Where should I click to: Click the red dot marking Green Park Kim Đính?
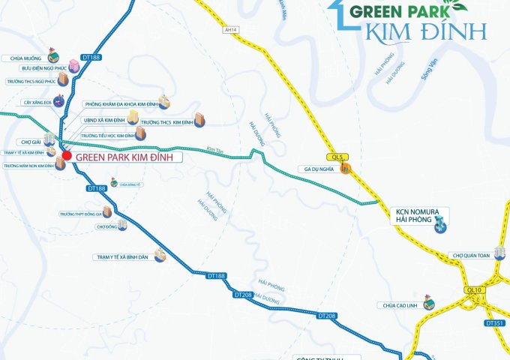[x=66, y=156]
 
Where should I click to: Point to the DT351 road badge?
[x=494, y=323]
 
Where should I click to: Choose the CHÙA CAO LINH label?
[x=400, y=305]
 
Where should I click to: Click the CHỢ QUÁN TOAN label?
[x=471, y=256]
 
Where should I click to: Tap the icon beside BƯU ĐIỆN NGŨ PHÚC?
[x=73, y=64]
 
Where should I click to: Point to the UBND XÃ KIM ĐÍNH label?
[x=103, y=119]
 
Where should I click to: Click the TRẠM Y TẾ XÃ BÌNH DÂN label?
[x=124, y=256]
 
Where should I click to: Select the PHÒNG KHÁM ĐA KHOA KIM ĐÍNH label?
[x=121, y=104]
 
